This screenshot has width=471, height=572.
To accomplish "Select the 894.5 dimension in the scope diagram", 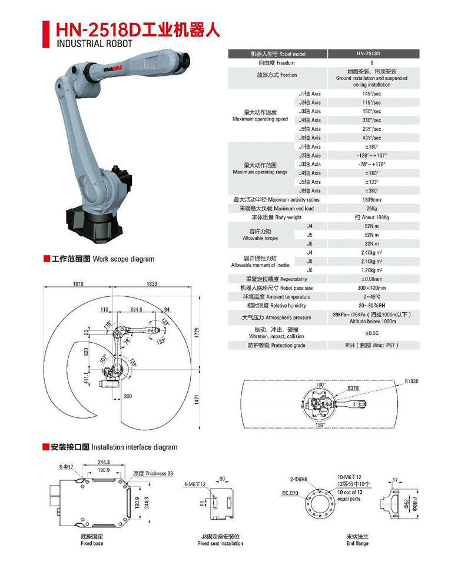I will point(136,309).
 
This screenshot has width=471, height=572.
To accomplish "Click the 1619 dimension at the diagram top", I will point(78,284).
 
